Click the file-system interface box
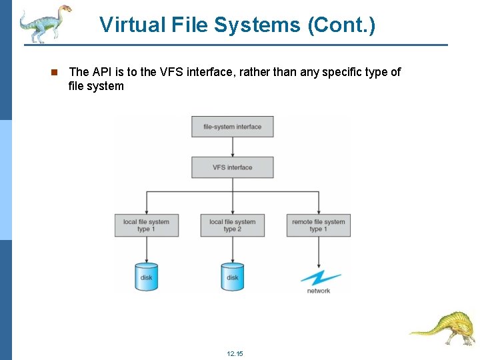point(232,127)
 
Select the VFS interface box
point(232,167)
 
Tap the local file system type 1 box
point(147,225)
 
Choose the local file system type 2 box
point(232,225)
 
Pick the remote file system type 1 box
point(318,225)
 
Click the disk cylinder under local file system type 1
point(147,276)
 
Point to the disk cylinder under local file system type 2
point(232,276)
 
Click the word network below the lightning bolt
point(319,291)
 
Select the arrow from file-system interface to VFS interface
point(232,147)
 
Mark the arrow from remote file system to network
point(319,252)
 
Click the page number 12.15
point(235,353)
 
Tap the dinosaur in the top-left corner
point(44,23)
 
